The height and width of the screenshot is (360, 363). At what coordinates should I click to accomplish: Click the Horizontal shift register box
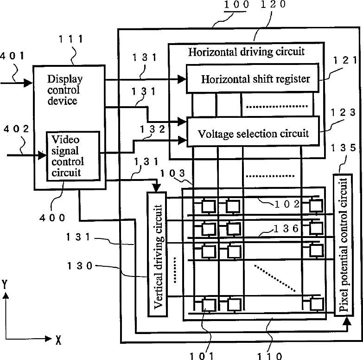pos(253,78)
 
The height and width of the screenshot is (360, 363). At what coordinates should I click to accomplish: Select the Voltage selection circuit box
pos(253,132)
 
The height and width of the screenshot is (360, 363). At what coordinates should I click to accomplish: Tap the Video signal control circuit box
pos(73,156)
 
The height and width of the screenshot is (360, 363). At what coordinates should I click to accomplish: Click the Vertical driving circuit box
pos(157,254)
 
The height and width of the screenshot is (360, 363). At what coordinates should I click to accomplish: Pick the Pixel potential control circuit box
pos(344,245)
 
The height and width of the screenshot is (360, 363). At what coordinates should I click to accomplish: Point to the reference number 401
pos(12,56)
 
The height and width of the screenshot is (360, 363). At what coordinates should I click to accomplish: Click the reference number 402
pos(16,129)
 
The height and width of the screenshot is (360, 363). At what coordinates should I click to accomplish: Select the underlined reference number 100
pos(236,5)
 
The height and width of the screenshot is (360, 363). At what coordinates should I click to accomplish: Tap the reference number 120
pos(273,4)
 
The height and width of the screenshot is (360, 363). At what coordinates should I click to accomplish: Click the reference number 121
pos(345,60)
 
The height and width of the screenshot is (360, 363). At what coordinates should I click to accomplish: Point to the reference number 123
pos(343,113)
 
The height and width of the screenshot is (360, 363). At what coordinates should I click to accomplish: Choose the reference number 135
pos(344,148)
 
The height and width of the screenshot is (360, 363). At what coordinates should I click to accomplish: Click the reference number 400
pos(52,218)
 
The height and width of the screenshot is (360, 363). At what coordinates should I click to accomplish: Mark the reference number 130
pos(80,266)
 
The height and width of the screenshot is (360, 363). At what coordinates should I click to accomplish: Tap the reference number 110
pos(270,356)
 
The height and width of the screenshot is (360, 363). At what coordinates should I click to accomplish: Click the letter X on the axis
pos(58,340)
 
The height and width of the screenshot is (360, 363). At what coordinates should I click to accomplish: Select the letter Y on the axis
pos(5,284)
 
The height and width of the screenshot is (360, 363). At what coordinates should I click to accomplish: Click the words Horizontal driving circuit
pos(246,52)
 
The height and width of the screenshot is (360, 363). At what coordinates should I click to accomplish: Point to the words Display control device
pos(65,90)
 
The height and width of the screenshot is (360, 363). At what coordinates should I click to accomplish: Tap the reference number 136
pos(287,229)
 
